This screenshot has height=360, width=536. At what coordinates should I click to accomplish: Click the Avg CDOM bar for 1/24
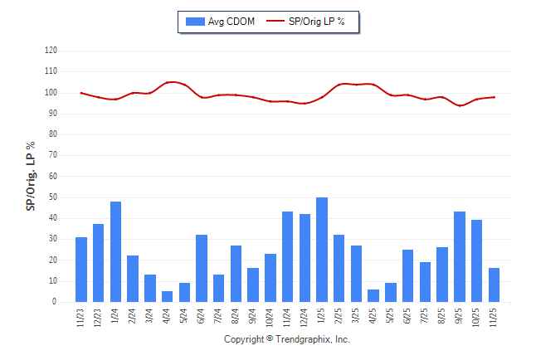click(x=115, y=251)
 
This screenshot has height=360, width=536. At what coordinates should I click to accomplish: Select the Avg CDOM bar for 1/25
click(x=322, y=250)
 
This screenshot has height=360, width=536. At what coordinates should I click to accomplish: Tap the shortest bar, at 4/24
click(x=167, y=296)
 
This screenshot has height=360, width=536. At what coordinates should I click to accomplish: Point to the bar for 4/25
click(x=373, y=295)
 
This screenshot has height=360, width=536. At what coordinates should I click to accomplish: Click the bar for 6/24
click(x=202, y=268)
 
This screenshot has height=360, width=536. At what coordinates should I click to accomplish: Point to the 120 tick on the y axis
click(x=51, y=50)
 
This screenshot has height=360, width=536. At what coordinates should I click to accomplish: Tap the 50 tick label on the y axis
click(x=52, y=197)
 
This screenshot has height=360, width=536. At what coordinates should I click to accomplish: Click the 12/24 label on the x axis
click(x=305, y=318)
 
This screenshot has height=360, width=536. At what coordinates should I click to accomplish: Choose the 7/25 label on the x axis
click(x=426, y=318)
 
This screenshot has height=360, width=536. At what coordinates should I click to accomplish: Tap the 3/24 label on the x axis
click(x=150, y=318)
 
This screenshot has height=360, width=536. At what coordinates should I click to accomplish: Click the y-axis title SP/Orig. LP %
click(x=31, y=176)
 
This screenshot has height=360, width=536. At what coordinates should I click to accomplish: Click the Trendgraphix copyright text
click(x=287, y=339)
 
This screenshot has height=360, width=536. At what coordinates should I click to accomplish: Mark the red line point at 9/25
click(x=460, y=105)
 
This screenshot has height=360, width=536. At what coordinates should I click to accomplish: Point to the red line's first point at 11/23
click(x=81, y=93)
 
